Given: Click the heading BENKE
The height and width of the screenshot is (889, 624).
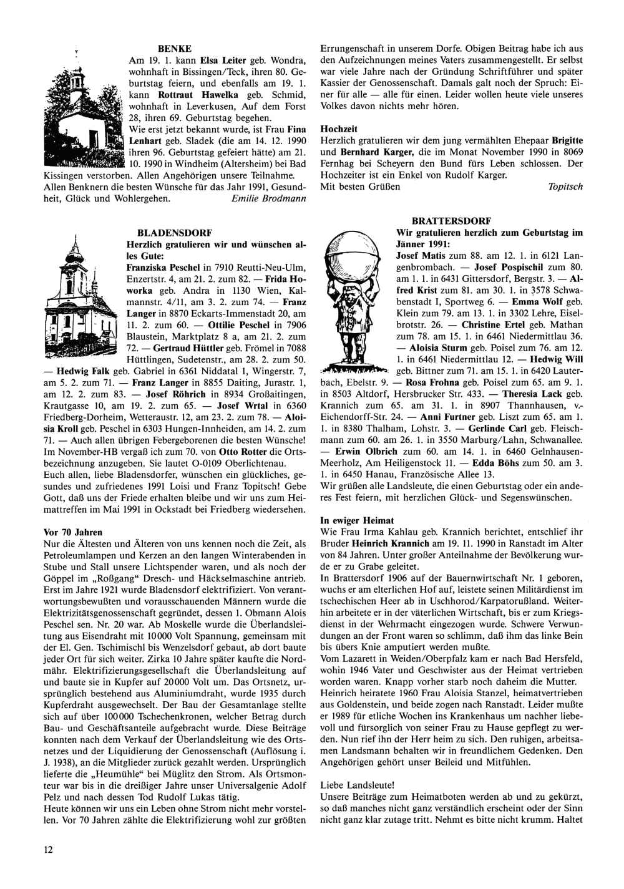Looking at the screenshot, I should tap(174, 47).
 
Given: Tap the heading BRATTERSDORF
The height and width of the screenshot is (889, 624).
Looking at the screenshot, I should tap(452, 221).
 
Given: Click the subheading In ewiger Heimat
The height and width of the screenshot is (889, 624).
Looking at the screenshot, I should tap(358, 519).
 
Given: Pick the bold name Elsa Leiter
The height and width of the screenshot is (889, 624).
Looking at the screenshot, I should tap(222, 61).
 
